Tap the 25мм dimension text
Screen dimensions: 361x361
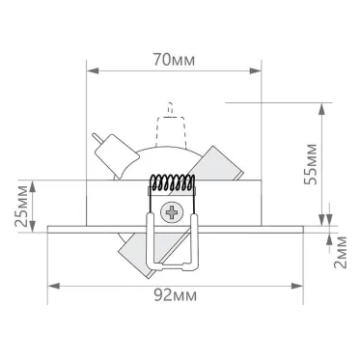pyautogui.click(x=21, y=204)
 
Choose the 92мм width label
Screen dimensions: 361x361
pyautogui.click(x=174, y=296)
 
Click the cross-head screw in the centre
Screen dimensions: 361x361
pyautogui.click(x=174, y=210)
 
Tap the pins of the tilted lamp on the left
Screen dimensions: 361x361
pyautogui.click(x=98, y=139)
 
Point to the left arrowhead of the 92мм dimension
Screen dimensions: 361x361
pyautogui.click(x=53, y=286)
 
